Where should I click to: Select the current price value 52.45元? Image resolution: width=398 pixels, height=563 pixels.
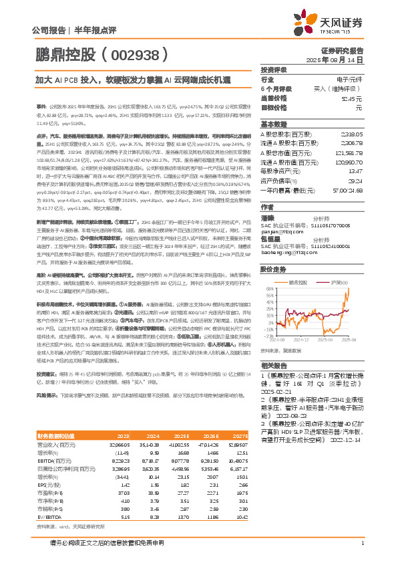pyautogui.click(x=353, y=98)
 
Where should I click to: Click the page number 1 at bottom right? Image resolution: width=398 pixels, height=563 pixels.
pyautogui.click(x=361, y=542)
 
